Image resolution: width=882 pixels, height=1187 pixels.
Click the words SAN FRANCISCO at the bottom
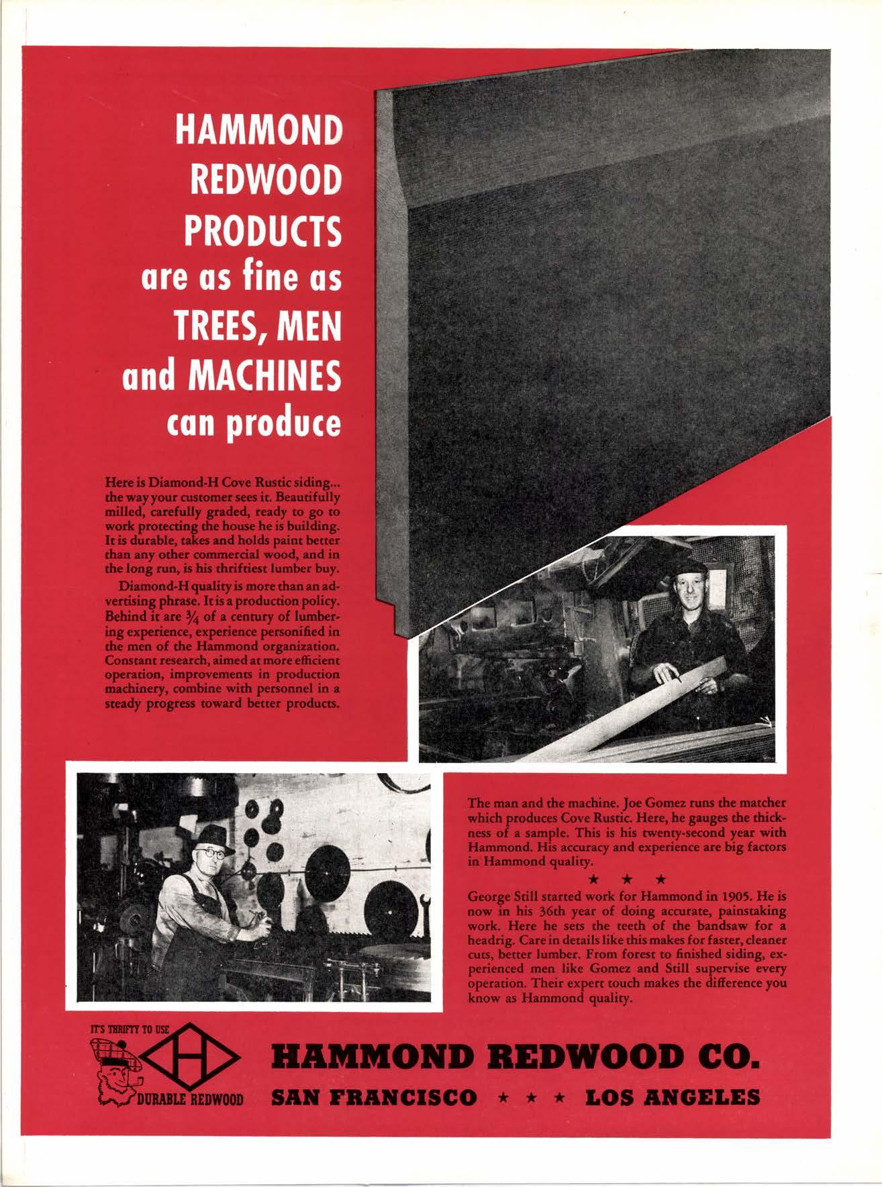click(x=374, y=1098)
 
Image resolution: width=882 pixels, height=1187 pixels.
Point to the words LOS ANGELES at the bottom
click(x=673, y=1098)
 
